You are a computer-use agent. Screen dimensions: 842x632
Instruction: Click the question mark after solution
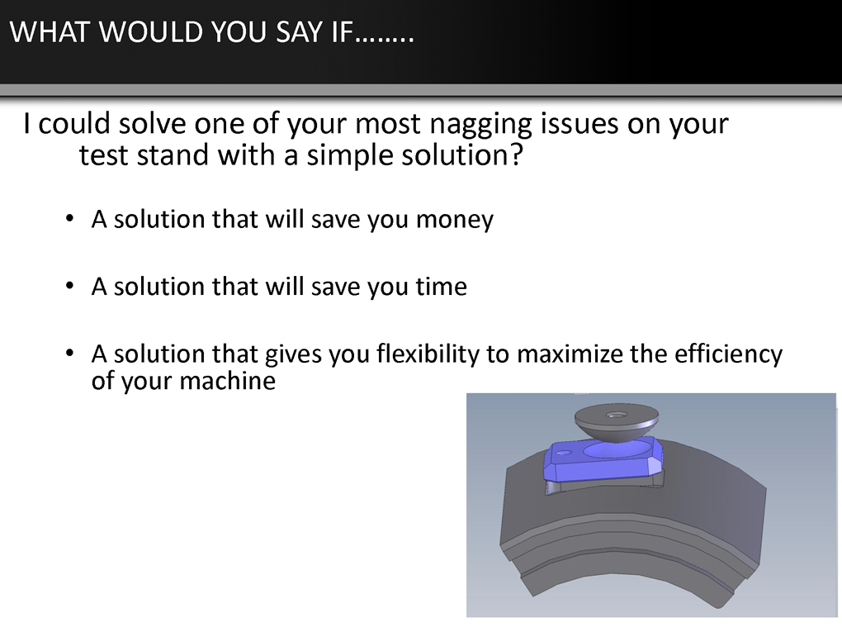[516, 154]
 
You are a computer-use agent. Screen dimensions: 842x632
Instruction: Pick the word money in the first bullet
[454, 221]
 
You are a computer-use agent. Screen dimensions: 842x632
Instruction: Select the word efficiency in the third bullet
[728, 354]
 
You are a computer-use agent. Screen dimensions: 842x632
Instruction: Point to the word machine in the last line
[228, 381]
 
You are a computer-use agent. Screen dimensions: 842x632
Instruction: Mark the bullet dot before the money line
[69, 219]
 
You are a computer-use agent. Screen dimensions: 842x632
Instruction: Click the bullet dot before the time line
[69, 286]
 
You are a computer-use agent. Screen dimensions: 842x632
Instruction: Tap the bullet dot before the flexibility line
[69, 353]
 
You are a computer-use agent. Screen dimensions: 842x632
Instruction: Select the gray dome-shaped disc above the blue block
[617, 423]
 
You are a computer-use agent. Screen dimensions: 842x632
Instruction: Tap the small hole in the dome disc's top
[615, 415]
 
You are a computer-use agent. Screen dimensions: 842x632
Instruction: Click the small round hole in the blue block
[563, 453]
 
